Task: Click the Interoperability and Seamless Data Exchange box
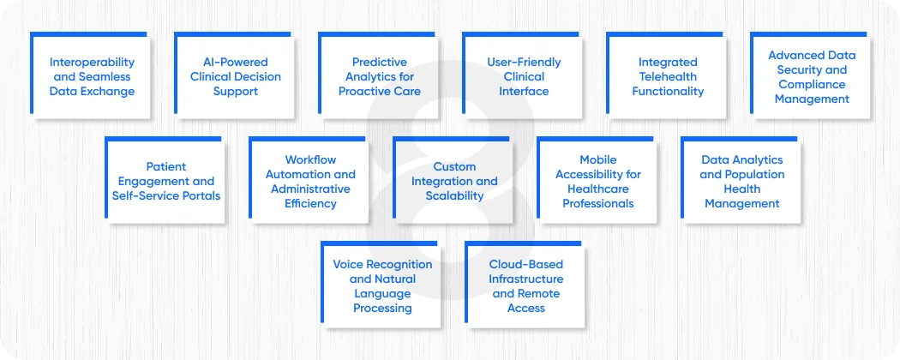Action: (x=91, y=76)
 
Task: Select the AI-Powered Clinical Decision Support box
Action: (x=235, y=76)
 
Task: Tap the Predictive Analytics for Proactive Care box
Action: (x=379, y=76)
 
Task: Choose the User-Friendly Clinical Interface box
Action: (x=523, y=76)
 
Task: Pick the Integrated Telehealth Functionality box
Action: (x=667, y=76)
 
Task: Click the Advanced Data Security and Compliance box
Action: (x=811, y=76)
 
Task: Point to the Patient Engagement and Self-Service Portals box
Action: (x=165, y=181)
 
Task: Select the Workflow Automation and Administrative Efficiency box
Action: (x=309, y=181)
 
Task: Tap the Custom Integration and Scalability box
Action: (x=453, y=181)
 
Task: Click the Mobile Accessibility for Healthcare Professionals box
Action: (x=597, y=181)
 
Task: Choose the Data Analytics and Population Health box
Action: (x=741, y=181)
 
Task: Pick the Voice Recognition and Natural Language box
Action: (x=382, y=285)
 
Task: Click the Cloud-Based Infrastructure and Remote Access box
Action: (x=525, y=285)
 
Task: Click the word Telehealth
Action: (x=668, y=76)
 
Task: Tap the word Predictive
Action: (x=380, y=62)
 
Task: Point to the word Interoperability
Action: (x=92, y=62)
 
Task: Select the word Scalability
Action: (x=454, y=195)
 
